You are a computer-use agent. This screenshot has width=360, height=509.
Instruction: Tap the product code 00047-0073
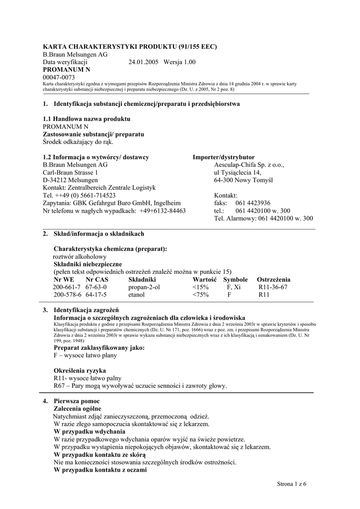click(59, 78)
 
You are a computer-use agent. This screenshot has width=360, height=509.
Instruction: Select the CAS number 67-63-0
click(96, 287)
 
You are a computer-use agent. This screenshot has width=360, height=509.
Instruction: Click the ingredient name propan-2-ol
click(144, 287)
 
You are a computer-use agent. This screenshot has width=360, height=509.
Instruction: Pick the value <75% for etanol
click(200, 295)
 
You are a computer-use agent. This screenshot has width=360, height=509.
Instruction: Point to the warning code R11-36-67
click(273, 287)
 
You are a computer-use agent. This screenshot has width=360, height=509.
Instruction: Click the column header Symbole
click(235, 280)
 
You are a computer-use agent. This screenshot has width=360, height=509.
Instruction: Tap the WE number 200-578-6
click(67, 295)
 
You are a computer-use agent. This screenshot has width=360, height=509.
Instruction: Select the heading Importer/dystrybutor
click(224, 158)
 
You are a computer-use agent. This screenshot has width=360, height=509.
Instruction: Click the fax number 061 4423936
click(253, 203)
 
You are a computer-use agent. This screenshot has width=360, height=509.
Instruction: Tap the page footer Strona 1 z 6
click(291, 484)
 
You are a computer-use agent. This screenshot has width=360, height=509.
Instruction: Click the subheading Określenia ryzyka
click(80, 371)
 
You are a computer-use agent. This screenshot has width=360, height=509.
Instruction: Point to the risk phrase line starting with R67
click(140, 386)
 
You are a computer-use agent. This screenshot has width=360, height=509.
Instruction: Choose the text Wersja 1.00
click(180, 62)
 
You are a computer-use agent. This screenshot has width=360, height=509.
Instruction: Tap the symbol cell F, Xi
click(234, 287)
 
